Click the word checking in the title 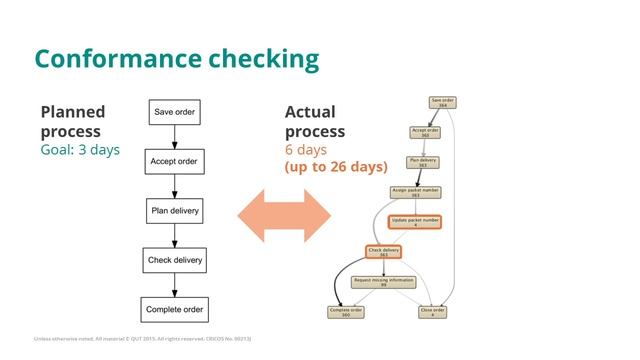267,58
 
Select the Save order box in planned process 174,111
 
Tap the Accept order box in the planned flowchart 174,161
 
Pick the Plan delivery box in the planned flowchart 174,211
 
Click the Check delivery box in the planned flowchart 174,260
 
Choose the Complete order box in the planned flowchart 174,310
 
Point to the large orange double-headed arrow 283,212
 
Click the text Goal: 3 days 80,150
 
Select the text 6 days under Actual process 305,150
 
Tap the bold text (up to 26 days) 336,166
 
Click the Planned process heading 72,121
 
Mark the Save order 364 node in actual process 442,102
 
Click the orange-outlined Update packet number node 414,221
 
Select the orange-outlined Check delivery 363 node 384,252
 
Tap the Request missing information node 384,282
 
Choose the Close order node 432,312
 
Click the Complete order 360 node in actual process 345,312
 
